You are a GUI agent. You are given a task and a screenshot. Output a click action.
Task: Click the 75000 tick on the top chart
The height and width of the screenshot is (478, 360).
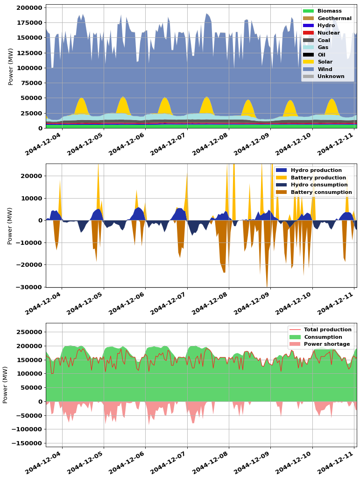[30, 83]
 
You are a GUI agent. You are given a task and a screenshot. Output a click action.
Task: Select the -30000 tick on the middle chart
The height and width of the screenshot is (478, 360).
[28, 287]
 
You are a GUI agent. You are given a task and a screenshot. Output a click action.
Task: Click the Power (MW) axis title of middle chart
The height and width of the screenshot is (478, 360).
[10, 226]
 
